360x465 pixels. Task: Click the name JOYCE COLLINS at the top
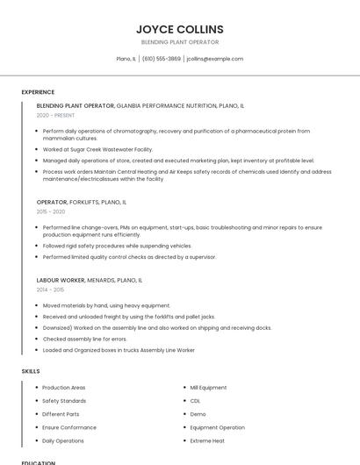pyautogui.click(x=180, y=29)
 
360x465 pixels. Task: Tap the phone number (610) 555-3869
pyautogui.click(x=161, y=59)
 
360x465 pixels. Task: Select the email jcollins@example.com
pyautogui.click(x=214, y=59)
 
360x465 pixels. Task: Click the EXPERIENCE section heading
pyautogui.click(x=38, y=92)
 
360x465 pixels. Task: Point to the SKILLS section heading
pyautogui.click(x=31, y=371)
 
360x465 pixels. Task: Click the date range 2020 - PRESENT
pyautogui.click(x=55, y=115)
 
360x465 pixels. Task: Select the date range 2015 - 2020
pyautogui.click(x=51, y=211)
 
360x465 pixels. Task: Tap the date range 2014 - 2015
pyautogui.click(x=50, y=290)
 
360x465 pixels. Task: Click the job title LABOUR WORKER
pyautogui.click(x=61, y=280)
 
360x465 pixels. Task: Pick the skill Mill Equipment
pyautogui.click(x=208, y=388)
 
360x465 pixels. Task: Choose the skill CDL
pyautogui.click(x=195, y=401)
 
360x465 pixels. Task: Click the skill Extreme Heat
pyautogui.click(x=207, y=440)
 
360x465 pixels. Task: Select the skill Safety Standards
pyautogui.click(x=64, y=401)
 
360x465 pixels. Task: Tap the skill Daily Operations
pyautogui.click(x=63, y=440)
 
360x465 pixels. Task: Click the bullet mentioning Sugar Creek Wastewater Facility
pyautogui.click(x=97, y=149)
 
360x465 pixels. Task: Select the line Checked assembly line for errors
pyautogui.click(x=84, y=339)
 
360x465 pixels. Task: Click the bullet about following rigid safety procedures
pyautogui.click(x=117, y=246)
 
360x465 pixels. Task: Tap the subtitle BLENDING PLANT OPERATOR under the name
pyautogui.click(x=180, y=42)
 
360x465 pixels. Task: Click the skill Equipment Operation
pyautogui.click(x=218, y=427)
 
